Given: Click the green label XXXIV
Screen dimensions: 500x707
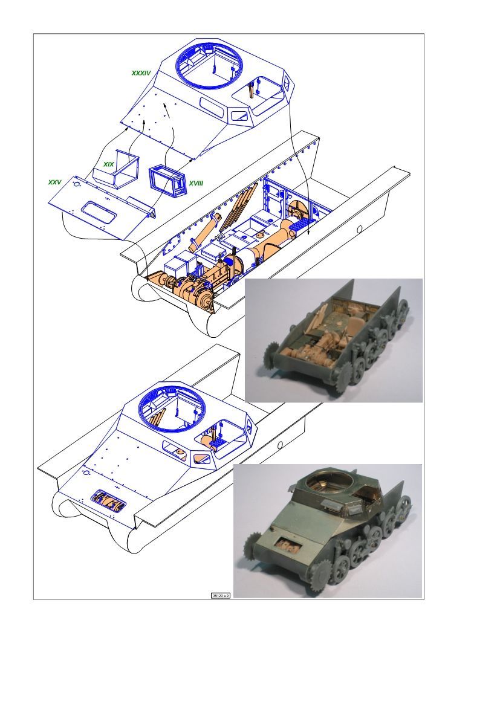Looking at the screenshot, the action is [141, 73].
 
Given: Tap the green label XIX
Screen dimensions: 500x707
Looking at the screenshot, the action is [109, 164].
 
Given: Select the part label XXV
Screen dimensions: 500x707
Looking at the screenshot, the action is [54, 182].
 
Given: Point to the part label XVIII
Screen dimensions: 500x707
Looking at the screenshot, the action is [196, 183].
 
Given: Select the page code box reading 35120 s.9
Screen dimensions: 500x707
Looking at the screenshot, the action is [221, 595].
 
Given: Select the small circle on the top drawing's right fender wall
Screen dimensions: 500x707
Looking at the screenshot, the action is [360, 230].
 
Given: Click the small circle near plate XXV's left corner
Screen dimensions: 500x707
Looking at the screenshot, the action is [77, 184].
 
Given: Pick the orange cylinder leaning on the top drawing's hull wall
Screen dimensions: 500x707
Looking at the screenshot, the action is [204, 233].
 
